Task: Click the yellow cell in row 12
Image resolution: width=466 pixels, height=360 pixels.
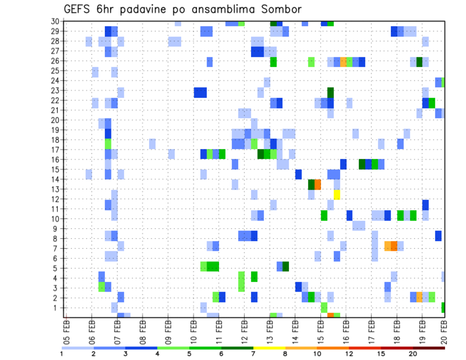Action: [x=337, y=195]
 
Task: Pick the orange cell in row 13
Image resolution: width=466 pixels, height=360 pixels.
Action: [x=318, y=184]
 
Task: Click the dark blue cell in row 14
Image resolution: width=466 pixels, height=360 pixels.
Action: [x=299, y=174]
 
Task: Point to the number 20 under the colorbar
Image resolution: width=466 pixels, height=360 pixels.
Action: [x=413, y=354]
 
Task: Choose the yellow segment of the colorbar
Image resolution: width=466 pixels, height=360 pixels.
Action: [x=269, y=348]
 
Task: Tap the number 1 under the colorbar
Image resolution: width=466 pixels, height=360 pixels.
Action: [x=62, y=354]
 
